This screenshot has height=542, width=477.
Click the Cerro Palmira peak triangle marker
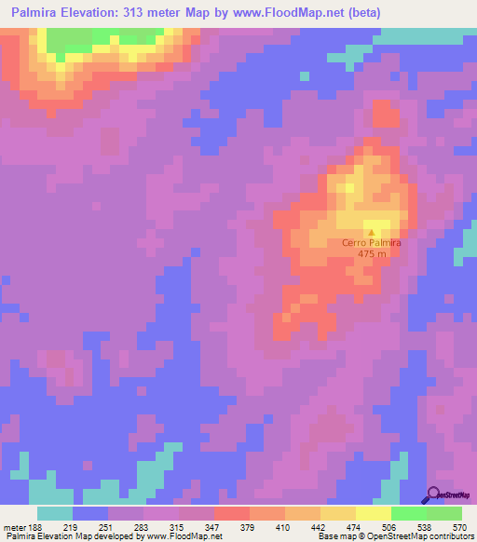(x=372, y=233)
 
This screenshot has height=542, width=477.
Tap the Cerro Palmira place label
(x=372, y=243)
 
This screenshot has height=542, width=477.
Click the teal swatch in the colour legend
(x=55, y=513)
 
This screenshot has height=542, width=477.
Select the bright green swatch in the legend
(x=408, y=513)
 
